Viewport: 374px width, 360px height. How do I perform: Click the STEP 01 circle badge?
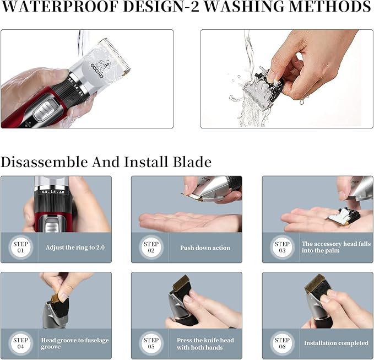click(21, 248)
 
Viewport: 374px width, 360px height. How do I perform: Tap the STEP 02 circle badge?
click(151, 248)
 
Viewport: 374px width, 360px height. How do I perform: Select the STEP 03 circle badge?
click(282, 248)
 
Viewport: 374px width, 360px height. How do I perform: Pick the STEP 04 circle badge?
click(21, 343)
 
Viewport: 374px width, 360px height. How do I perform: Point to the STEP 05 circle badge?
click(151, 343)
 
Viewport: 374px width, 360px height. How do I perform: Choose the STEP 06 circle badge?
click(282, 343)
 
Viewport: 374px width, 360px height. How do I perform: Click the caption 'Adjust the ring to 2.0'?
click(75, 248)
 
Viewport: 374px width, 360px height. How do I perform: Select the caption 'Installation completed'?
click(336, 343)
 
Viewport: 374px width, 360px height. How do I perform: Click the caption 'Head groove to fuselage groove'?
click(75, 343)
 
